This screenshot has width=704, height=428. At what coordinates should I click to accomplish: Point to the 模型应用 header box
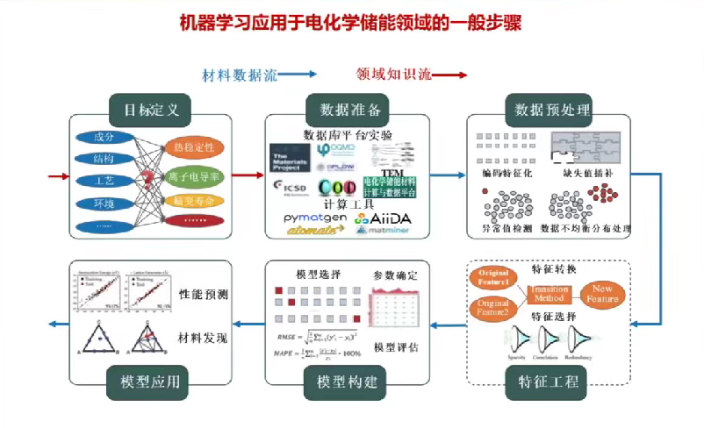(150, 381)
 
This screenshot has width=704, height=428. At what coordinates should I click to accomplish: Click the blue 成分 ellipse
(104, 138)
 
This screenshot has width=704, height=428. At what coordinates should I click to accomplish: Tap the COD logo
(336, 187)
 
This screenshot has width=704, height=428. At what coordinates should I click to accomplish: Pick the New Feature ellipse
(604, 294)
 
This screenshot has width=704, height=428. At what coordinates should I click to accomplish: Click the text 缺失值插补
(582, 174)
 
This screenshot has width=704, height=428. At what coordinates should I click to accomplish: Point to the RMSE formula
(317, 336)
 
